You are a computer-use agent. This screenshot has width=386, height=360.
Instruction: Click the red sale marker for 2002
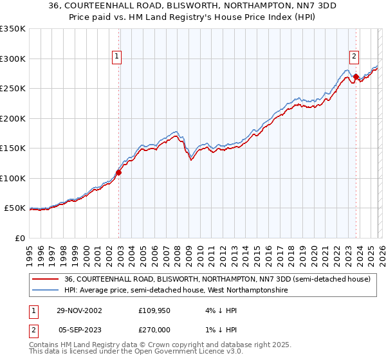point(119,172)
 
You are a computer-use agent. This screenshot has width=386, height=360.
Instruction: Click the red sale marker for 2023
point(356,76)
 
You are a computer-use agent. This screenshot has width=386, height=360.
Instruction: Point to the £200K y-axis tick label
point(12,118)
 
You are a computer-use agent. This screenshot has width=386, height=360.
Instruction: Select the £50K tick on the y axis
point(15,208)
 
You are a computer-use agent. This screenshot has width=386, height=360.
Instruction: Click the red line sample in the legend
point(45,280)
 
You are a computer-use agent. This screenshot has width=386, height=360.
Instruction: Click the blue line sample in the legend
point(45,291)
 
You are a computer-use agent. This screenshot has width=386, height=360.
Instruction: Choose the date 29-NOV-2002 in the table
point(79,310)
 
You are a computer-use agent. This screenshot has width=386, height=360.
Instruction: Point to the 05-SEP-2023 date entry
point(79,330)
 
